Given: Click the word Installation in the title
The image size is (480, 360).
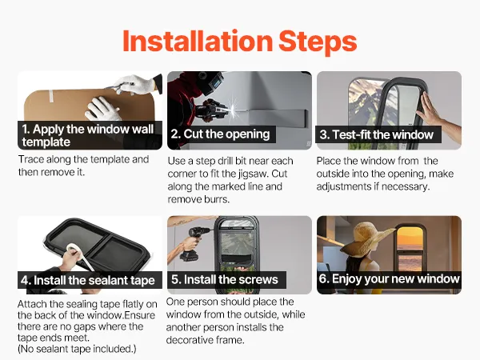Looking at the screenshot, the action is [x=198, y=41].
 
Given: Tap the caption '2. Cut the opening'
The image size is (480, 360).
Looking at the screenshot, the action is [x=221, y=134].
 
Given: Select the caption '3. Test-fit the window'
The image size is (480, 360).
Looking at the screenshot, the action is [x=377, y=134].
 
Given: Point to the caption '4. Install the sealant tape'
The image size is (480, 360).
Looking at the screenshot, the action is [x=88, y=280].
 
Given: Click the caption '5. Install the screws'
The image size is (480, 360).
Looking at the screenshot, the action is [x=224, y=279].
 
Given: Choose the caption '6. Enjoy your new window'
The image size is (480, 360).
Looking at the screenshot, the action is [x=389, y=279].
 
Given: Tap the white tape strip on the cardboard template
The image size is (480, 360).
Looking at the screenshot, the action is [x=51, y=96].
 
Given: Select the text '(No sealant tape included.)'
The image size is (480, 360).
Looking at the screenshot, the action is [x=77, y=349].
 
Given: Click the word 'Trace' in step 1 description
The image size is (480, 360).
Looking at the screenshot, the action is [x=31, y=159].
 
